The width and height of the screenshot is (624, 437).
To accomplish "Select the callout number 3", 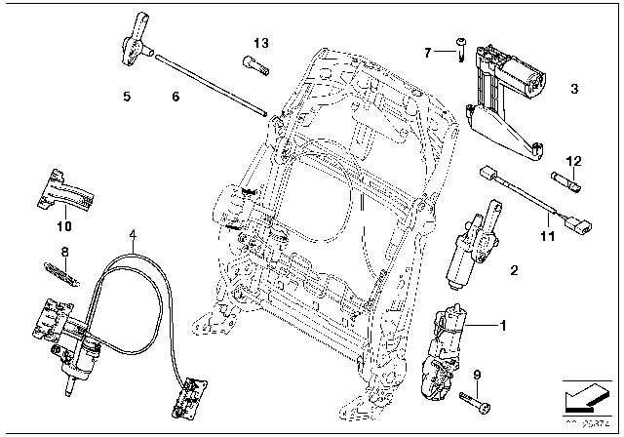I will point(573,89).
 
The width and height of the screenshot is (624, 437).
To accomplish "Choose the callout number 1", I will point(504,325).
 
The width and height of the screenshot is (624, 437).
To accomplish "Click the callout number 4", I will point(133,234).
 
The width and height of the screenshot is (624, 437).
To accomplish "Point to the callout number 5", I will point(126,97).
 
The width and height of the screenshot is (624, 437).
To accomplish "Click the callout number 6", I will point(175,97).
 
